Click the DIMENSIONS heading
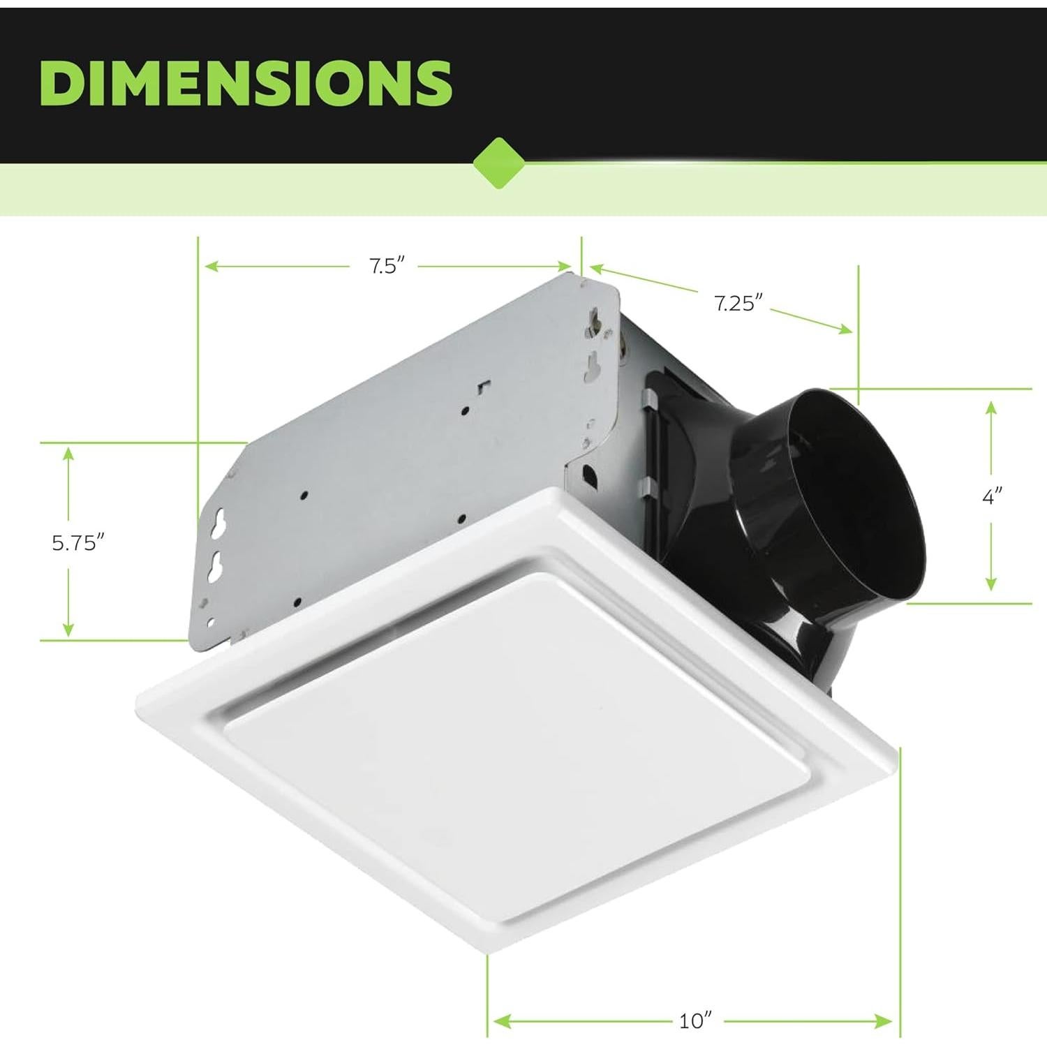click(x=245, y=82)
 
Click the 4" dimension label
click(x=991, y=497)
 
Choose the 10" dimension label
click(x=695, y=1021)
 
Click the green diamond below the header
click(x=498, y=163)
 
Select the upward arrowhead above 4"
click(x=991, y=408)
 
